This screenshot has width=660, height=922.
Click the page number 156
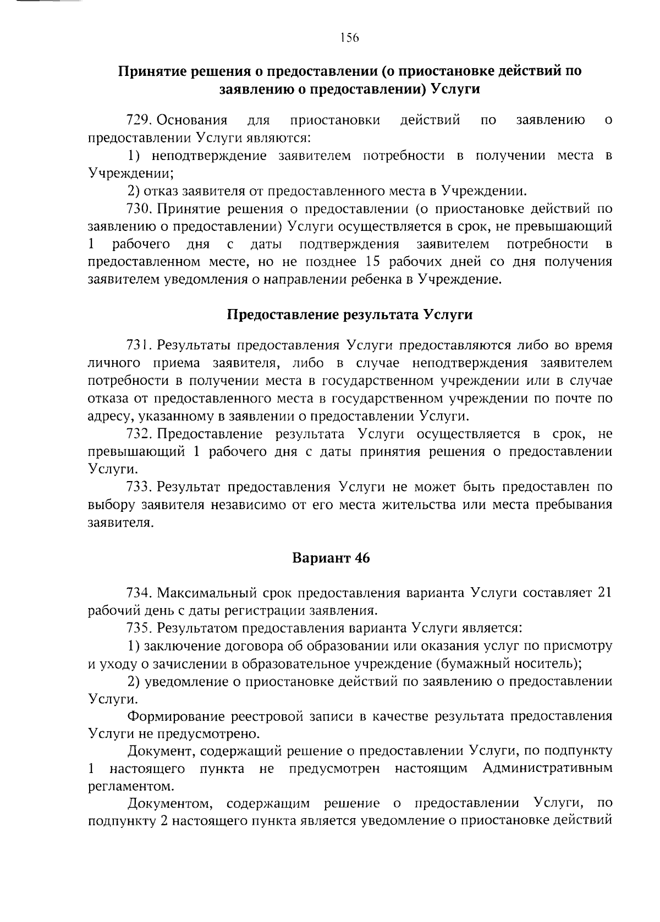tap(349, 38)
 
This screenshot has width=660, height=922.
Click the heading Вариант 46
tap(331, 558)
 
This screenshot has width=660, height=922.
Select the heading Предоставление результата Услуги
tap(350, 315)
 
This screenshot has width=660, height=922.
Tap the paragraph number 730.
tap(139, 209)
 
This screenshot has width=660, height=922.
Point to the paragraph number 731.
tap(139, 345)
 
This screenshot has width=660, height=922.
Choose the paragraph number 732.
tap(139, 434)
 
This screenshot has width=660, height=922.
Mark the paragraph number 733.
tap(139, 487)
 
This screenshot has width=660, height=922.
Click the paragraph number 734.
tap(139, 593)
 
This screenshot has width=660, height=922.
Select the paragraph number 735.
tap(139, 628)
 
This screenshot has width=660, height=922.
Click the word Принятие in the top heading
tap(149, 71)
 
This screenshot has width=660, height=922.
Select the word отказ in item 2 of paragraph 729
tap(161, 191)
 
